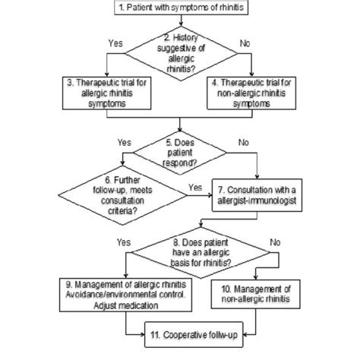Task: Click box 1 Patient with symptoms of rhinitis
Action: tap(179, 9)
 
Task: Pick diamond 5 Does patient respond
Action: tap(179, 151)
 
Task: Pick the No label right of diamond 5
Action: tap(242, 141)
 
